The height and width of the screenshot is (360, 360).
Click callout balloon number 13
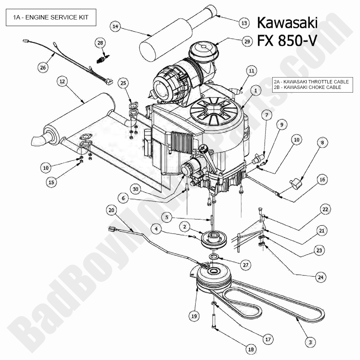244,23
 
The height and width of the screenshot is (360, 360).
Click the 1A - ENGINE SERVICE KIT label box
51,17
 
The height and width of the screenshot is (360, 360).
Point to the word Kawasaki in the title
287,23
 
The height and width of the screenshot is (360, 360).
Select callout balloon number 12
62,81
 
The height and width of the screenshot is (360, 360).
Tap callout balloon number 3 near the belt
310,342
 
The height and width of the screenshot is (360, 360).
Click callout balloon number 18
251,350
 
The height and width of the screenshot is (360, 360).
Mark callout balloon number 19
194,316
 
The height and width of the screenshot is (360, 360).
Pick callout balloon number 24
321,277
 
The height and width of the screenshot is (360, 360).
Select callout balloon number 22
325,210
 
